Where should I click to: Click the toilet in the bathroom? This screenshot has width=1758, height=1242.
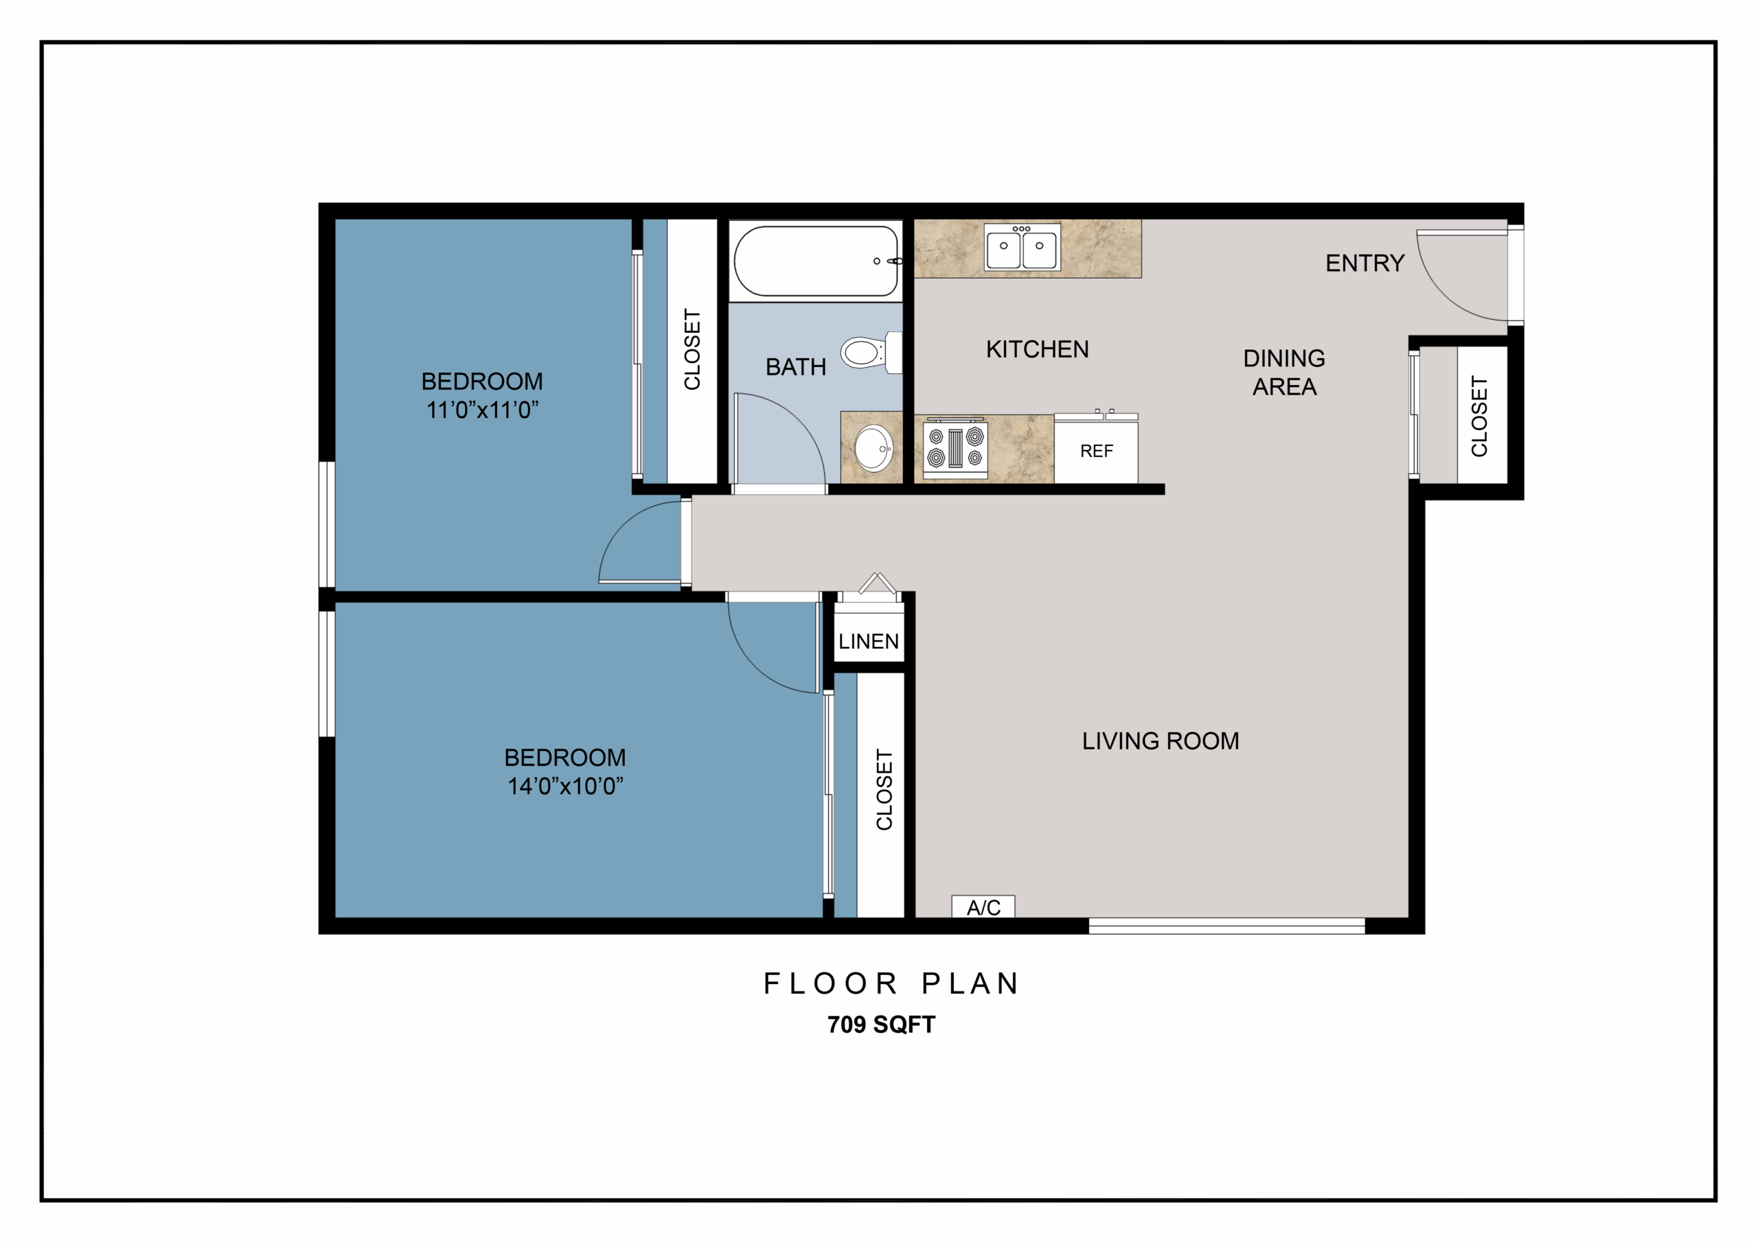(x=872, y=352)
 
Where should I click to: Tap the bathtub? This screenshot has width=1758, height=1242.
(x=817, y=260)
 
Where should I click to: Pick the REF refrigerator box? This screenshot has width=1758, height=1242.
(x=1096, y=452)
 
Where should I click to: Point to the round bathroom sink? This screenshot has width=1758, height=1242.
(x=874, y=449)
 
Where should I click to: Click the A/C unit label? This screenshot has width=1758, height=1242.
(x=983, y=908)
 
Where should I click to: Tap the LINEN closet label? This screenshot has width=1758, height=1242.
(x=868, y=642)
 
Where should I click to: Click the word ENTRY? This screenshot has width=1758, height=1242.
(x=1365, y=263)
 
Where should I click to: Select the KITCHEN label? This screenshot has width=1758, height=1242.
(x=1038, y=350)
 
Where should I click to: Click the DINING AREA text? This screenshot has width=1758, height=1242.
(x=1284, y=373)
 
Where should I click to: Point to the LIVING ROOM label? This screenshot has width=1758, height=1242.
(x=1160, y=741)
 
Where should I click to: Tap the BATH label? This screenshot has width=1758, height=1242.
(x=795, y=367)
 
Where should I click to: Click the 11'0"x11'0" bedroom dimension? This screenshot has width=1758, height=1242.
(x=482, y=410)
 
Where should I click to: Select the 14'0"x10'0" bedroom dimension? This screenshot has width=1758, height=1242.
(x=566, y=786)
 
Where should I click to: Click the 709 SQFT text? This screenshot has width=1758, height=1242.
(x=881, y=1024)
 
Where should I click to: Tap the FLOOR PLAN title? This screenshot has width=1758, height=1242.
(x=891, y=983)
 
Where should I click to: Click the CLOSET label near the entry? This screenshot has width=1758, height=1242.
(x=1479, y=417)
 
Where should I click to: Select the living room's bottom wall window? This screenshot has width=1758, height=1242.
(x=1226, y=926)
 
